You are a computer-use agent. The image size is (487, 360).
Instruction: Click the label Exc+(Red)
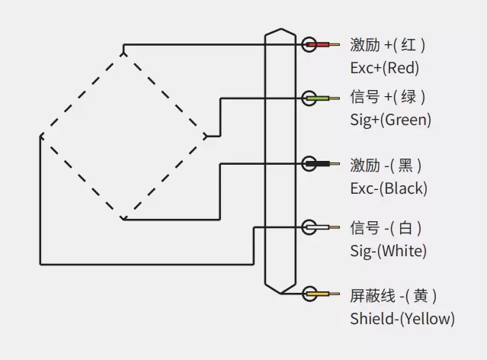(x=384, y=68)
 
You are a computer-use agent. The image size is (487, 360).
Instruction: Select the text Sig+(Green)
(x=390, y=120)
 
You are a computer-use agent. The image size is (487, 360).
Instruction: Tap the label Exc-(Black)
(x=389, y=188)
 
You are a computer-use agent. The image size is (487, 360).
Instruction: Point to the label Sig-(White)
(x=388, y=250)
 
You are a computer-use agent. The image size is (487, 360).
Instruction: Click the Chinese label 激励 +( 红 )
(x=387, y=45)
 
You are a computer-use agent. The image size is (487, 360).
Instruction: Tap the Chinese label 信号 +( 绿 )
(x=387, y=98)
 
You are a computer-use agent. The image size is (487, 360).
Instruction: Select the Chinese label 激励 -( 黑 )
(x=386, y=165)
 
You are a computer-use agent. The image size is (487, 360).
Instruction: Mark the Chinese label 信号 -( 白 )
(x=386, y=227)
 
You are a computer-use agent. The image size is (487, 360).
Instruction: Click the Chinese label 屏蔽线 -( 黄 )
(x=393, y=295)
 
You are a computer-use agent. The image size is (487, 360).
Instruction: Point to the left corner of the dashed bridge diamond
(x=40, y=137)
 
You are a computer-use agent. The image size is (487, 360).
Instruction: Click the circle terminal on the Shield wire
(x=309, y=294)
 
